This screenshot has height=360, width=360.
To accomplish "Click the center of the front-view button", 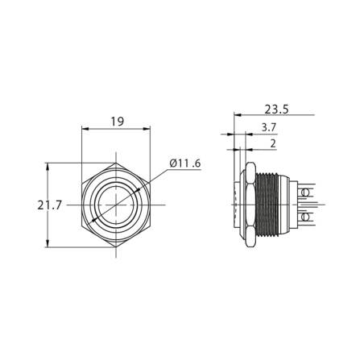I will click(117, 206).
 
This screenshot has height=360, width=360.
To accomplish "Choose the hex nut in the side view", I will click(250, 206).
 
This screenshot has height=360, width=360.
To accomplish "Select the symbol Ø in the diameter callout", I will click(173, 163).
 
